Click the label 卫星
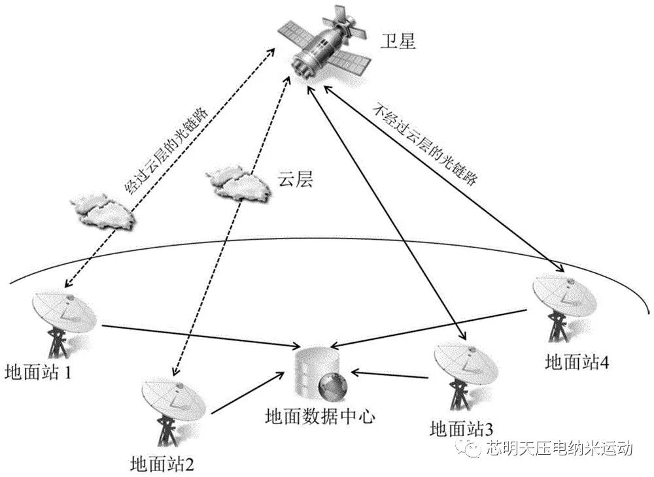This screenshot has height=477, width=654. [398, 42]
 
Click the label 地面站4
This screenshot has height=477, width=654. [577, 363]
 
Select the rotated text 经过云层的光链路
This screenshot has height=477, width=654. [166, 148]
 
